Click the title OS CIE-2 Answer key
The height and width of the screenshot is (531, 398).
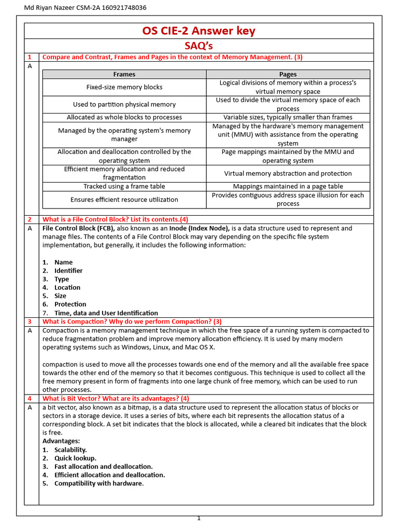pyautogui.click(x=198, y=31)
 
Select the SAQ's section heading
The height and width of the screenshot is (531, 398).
pyautogui.click(x=198, y=46)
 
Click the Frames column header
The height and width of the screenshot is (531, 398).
pyautogui.click(x=124, y=74)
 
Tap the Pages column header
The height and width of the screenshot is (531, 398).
pyautogui.click(x=288, y=74)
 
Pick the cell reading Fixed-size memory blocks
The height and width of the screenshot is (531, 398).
pyautogui.click(x=124, y=87)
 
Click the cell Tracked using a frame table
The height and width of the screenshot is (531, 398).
pyautogui.click(x=124, y=186)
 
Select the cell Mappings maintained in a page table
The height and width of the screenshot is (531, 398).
pyautogui.click(x=288, y=186)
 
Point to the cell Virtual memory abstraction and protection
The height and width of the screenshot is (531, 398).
pyautogui.click(x=288, y=173)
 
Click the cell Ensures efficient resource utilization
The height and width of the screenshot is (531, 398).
pyautogui.click(x=124, y=199)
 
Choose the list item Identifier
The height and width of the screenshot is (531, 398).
pyautogui.click(x=68, y=271)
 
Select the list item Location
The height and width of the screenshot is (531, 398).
pyautogui.click(x=67, y=287)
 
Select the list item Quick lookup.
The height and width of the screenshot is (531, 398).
pyautogui.click(x=75, y=458)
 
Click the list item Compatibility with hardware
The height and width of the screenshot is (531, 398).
pyautogui.click(x=98, y=483)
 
